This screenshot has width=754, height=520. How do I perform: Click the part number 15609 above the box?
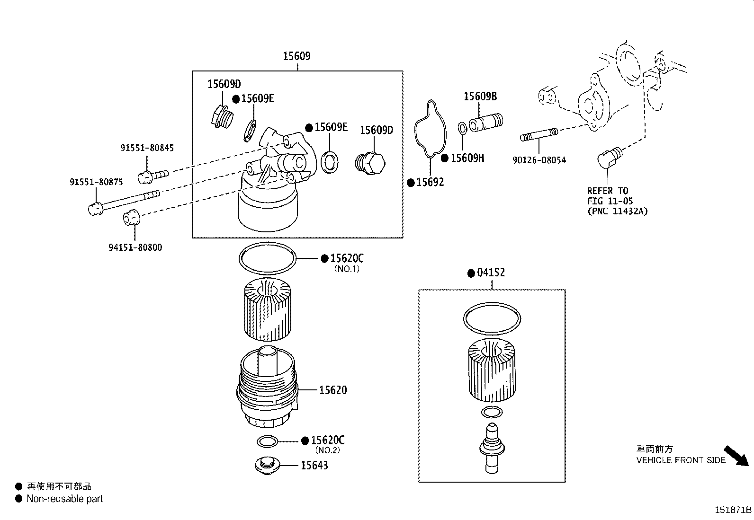click(296, 56)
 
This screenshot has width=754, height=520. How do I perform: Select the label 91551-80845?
click(147, 148)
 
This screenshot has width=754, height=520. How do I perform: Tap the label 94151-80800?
click(135, 247)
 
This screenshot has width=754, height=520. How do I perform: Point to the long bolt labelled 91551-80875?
click(123, 201)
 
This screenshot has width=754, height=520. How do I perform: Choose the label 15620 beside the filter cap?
click(332, 390)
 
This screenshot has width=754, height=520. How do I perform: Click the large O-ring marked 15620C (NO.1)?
click(268, 258)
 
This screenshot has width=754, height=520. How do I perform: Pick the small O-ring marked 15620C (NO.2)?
click(268, 441)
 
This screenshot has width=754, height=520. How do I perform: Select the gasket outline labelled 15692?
click(431, 128)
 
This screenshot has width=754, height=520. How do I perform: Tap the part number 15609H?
click(467, 158)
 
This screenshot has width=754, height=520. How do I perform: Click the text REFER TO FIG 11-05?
click(610, 196)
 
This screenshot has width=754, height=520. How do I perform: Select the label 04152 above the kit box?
click(491, 273)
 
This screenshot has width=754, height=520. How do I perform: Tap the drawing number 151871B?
click(733, 510)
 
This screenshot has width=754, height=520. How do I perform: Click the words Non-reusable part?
click(64, 499)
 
